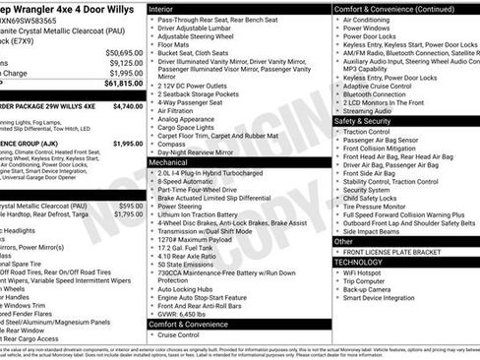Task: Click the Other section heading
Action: pos(344,241)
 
